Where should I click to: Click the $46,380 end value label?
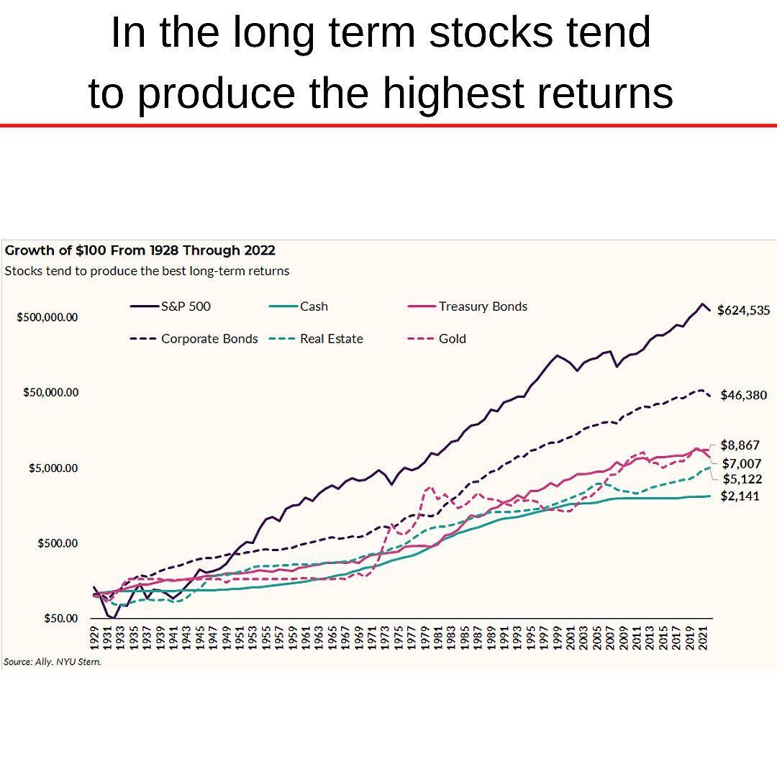point(743,395)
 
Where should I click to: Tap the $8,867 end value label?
point(740,445)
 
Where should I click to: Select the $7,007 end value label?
point(741,464)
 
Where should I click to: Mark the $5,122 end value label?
point(741,479)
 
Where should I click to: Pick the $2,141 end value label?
point(740,496)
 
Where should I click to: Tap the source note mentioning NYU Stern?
point(52,662)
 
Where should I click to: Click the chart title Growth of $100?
point(140,251)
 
